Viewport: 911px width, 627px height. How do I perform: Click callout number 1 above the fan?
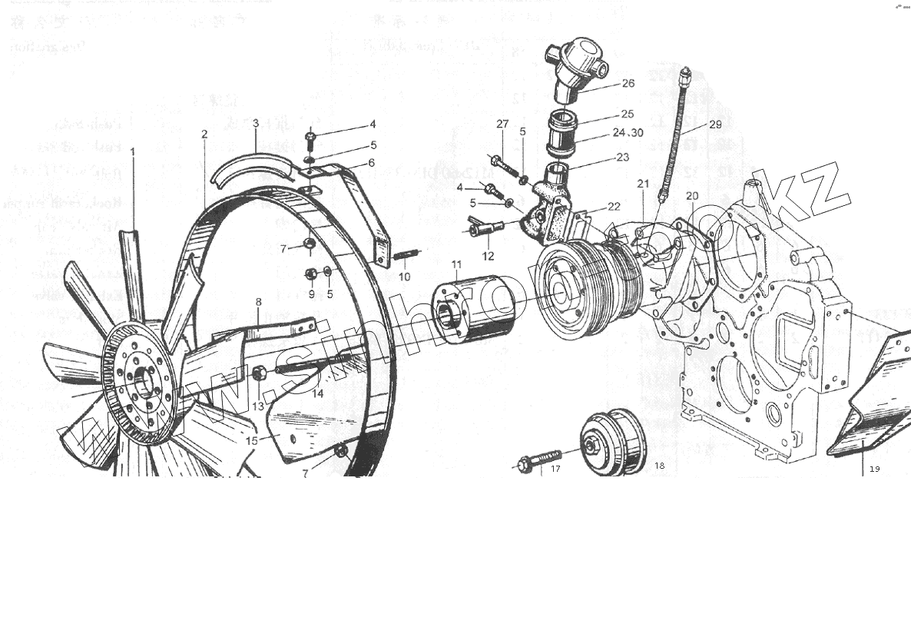click(x=132, y=152)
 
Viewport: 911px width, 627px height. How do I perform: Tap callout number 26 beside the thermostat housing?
click(x=628, y=83)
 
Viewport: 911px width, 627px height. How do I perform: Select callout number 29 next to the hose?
click(x=715, y=124)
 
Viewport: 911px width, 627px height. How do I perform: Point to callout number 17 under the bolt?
click(x=555, y=468)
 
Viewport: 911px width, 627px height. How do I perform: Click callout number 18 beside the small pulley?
click(x=660, y=466)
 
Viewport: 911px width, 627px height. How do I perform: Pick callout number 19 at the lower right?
click(x=874, y=469)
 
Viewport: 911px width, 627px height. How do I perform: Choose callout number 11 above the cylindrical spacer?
click(x=456, y=265)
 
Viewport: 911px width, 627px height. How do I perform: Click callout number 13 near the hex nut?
click(x=258, y=406)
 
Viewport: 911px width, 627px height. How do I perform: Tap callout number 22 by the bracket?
click(x=613, y=207)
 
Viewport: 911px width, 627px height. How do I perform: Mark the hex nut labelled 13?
click(x=259, y=374)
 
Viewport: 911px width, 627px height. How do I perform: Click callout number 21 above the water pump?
click(x=643, y=184)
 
